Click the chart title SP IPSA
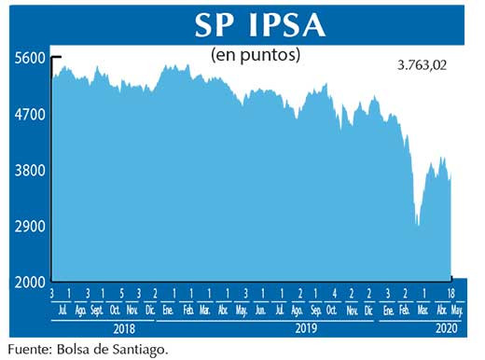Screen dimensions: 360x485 (260, 24)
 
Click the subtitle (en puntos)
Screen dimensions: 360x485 (256, 55)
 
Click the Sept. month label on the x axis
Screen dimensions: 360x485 (96, 311)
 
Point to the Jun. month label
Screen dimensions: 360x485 (260, 311)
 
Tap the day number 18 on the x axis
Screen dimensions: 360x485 (452, 294)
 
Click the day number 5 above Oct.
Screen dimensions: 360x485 (114, 294)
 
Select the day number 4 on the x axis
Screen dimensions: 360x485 (334, 294)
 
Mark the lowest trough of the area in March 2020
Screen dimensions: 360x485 (418, 225)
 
